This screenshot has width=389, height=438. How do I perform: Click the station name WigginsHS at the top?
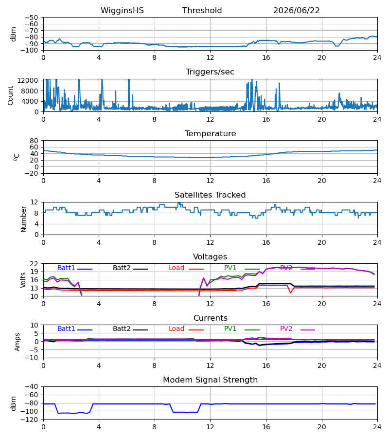(x=122, y=11)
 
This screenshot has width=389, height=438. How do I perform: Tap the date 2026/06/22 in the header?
(x=296, y=11)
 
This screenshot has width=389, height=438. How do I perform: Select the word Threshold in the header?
(x=202, y=11)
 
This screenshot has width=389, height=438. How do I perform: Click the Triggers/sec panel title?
(x=210, y=72)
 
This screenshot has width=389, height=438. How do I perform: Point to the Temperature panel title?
(x=211, y=133)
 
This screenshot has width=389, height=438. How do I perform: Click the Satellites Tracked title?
(x=210, y=195)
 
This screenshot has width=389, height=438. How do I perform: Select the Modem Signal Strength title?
(x=211, y=380)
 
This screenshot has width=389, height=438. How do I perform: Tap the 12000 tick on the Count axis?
(x=28, y=80)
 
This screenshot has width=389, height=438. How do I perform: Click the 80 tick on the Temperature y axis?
(x=34, y=141)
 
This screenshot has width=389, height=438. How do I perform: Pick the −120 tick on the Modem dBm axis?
(x=31, y=420)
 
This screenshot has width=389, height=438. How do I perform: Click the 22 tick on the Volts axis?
(x=34, y=264)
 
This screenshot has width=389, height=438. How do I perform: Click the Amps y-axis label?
(x=18, y=342)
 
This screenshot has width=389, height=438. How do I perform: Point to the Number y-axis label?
(x=23, y=219)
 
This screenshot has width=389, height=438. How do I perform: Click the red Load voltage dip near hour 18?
(x=291, y=292)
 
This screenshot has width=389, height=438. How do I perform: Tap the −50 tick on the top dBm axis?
(x=31, y=18)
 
